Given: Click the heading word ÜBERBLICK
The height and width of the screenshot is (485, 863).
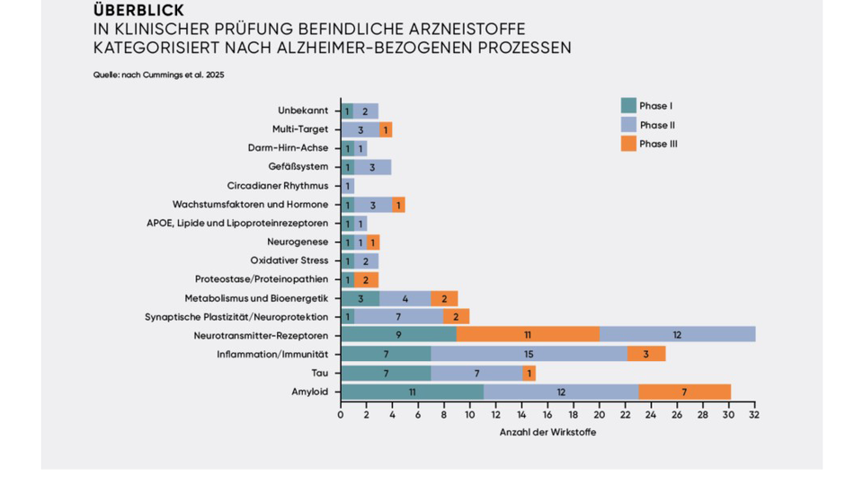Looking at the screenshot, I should [138, 11].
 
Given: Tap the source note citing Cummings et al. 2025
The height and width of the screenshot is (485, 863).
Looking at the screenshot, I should [158, 75].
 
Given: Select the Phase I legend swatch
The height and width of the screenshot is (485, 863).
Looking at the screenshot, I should [628, 106].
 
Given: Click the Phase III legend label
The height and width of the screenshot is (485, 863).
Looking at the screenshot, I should [658, 144].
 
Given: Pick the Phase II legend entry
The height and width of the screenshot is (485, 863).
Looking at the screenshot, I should [657, 125].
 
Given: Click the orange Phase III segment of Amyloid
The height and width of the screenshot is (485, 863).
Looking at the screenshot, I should [684, 392].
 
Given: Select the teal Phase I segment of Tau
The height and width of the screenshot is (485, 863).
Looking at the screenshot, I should [386, 373].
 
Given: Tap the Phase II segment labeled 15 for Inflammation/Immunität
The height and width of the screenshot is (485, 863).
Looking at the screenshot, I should [529, 354].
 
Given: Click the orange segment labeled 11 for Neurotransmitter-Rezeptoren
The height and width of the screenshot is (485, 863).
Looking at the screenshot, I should [528, 335].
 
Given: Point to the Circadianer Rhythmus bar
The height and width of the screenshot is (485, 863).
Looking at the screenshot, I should [347, 186].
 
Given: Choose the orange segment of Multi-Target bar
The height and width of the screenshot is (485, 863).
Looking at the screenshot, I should [386, 129].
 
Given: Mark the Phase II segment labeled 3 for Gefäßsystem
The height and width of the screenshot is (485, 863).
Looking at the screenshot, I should [372, 167].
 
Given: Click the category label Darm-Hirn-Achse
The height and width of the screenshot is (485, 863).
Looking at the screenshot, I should [288, 148].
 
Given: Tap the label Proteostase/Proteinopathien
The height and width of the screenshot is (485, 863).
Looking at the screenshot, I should [262, 279].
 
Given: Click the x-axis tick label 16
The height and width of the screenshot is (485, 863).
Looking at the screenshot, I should [547, 415].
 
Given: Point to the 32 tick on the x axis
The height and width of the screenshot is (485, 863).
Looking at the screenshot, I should [754, 415].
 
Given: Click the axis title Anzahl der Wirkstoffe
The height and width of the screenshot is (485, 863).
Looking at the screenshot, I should [547, 433].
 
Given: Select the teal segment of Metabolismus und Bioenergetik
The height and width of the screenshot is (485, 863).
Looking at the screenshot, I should [360, 298].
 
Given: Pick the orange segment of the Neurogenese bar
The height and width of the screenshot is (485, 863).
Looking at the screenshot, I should [373, 242].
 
